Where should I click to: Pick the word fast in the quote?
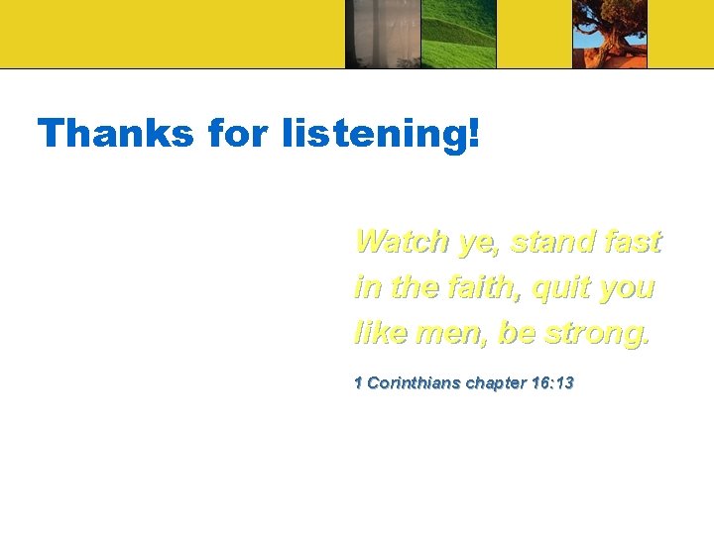[635, 241]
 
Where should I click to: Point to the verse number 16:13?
[551, 382]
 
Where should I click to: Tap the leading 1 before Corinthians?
[358, 382]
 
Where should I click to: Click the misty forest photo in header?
[383, 34]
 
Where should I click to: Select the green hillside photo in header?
[458, 34]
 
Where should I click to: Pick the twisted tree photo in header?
[609, 34]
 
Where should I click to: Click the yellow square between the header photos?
[534, 34]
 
